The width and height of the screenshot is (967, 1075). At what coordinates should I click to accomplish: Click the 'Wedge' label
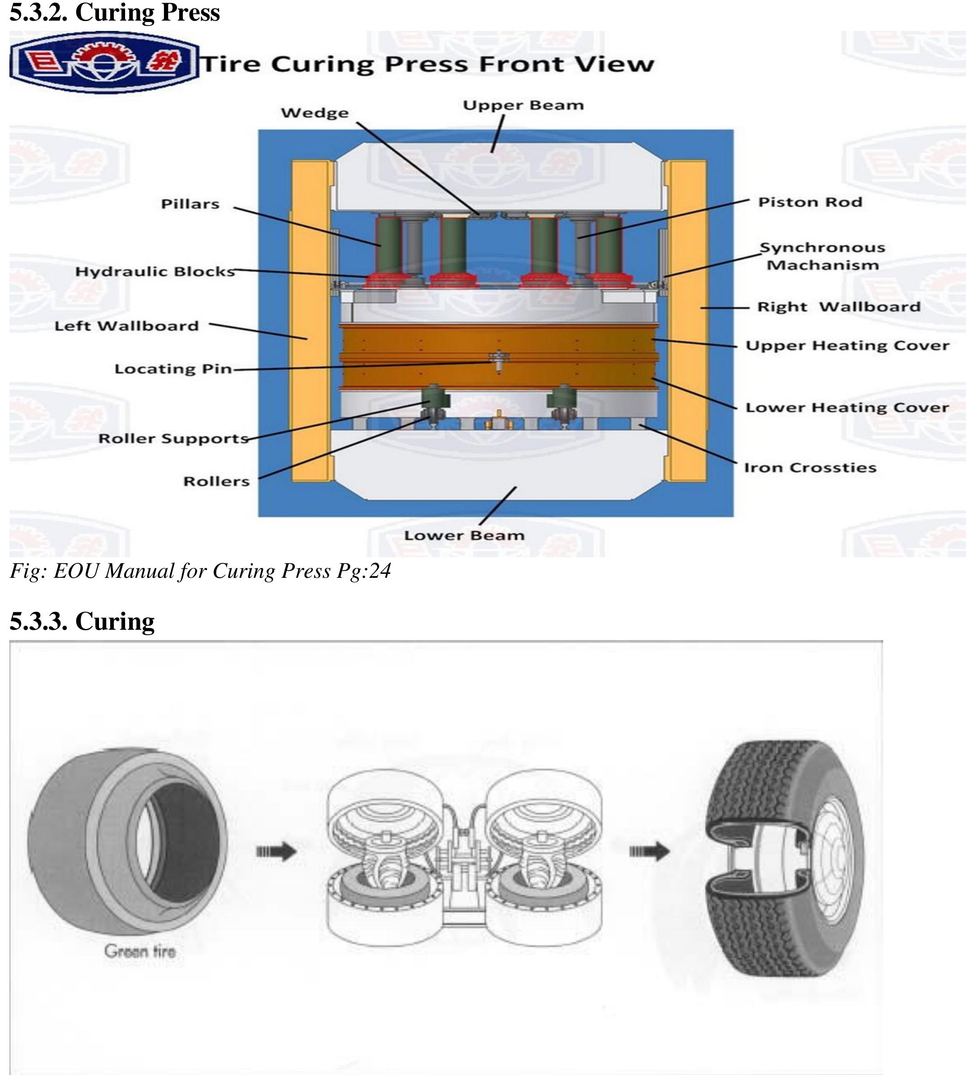[315, 113]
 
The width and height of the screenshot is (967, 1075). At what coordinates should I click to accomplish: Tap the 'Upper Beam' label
[523, 105]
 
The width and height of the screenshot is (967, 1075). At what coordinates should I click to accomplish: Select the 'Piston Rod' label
[809, 202]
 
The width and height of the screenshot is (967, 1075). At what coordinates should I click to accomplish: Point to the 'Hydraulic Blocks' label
[155, 271]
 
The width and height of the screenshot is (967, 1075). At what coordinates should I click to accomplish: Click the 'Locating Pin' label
[173, 369]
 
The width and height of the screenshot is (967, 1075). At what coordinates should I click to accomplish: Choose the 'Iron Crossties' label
[810, 468]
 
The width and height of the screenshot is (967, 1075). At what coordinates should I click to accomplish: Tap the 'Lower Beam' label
[464, 535]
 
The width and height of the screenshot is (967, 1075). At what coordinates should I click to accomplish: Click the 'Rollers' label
[216, 482]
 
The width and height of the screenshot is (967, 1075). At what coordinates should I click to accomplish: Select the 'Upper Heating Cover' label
[847, 346]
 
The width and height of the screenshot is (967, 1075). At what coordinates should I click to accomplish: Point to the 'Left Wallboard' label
[126, 326]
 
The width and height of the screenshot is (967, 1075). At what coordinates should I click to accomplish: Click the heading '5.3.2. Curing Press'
[114, 13]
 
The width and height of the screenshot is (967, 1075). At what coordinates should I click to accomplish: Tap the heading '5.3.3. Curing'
[82, 621]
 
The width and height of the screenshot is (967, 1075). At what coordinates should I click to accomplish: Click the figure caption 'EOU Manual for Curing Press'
[200, 572]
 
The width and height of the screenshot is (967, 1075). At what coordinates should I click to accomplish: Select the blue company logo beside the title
[104, 63]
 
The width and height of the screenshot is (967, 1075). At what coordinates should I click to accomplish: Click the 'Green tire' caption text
[140, 951]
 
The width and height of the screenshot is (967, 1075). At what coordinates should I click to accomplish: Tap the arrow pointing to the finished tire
[649, 852]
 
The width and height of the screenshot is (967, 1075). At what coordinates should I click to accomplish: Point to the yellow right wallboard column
[689, 318]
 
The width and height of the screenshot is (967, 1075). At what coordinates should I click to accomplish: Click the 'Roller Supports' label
[173, 439]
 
